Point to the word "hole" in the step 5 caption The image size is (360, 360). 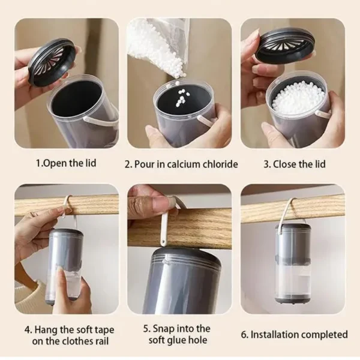(197, 340)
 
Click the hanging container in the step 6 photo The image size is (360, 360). (293, 263)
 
